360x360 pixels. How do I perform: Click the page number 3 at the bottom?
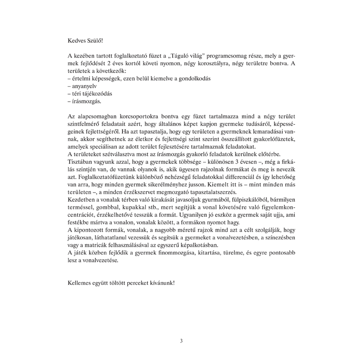click(x=181, y=341)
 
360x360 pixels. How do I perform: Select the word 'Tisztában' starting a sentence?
click(x=80, y=162)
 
